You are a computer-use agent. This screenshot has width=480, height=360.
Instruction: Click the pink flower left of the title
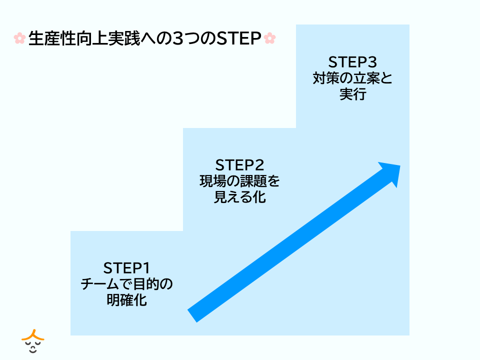[19, 38]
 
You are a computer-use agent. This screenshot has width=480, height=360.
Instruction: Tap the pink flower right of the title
[269, 38]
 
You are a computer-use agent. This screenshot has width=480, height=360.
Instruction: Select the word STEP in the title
[239, 38]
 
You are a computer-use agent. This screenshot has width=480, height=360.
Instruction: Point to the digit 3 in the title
[177, 38]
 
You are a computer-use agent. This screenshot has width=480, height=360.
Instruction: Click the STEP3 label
[352, 62]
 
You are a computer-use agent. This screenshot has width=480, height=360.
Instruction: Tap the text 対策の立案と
[352, 78]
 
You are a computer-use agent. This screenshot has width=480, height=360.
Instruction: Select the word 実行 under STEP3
[352, 94]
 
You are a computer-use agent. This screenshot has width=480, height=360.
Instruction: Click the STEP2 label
[239, 165]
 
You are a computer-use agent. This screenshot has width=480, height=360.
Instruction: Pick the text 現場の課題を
[239, 181]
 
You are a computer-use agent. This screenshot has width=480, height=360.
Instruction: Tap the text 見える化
[239, 197]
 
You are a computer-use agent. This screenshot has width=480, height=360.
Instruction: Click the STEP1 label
[126, 268]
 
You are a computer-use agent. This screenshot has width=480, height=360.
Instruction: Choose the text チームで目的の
[126, 284]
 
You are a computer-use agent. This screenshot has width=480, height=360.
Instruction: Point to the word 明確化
[126, 300]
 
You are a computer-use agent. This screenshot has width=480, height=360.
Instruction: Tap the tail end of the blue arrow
[192, 316]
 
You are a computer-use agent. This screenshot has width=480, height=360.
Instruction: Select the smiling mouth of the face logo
[33, 350]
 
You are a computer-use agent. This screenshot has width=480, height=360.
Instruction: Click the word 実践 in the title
[124, 38]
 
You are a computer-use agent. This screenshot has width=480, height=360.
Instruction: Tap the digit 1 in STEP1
[146, 268]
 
